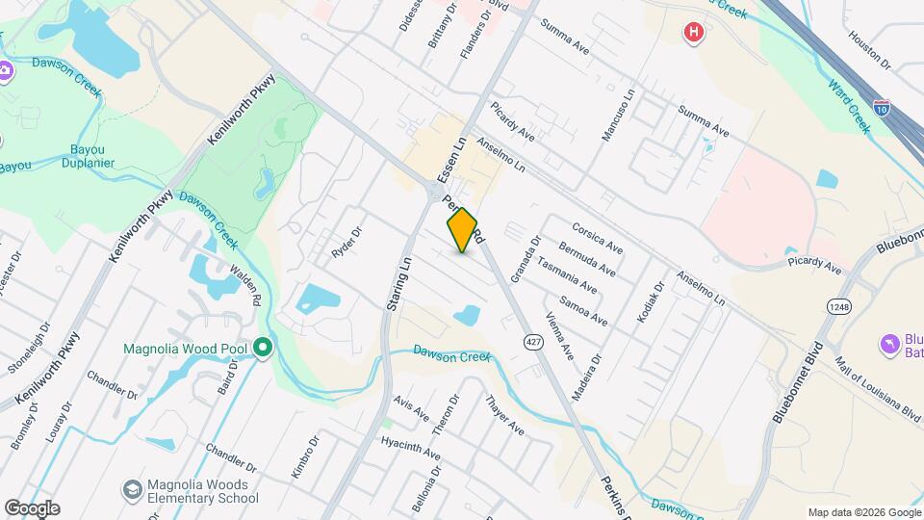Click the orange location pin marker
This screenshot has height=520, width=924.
click(462, 230)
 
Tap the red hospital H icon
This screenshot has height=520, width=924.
click(692, 34)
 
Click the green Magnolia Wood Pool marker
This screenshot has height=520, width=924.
click(263, 348)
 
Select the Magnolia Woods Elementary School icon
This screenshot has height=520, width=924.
click(130, 491)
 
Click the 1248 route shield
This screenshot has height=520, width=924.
click(838, 306)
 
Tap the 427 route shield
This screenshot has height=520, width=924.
click(531, 342)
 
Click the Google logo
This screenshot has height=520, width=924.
click(31, 508)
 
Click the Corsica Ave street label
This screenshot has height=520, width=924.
click(597, 238)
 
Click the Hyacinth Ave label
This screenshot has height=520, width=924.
click(410, 449)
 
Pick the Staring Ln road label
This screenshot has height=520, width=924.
click(398, 282)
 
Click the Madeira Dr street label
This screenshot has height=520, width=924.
click(586, 371)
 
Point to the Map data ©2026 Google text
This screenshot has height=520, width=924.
click(863, 512)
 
